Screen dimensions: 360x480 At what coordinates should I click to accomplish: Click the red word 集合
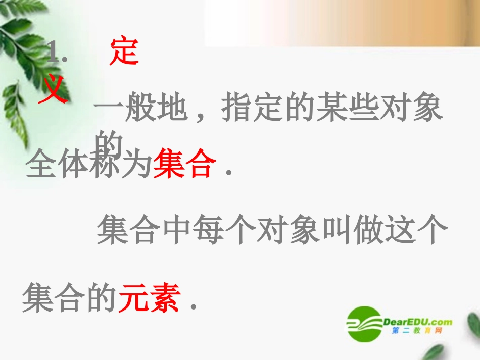(x=184, y=165)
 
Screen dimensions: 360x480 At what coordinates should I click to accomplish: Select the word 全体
(x=56, y=165)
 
